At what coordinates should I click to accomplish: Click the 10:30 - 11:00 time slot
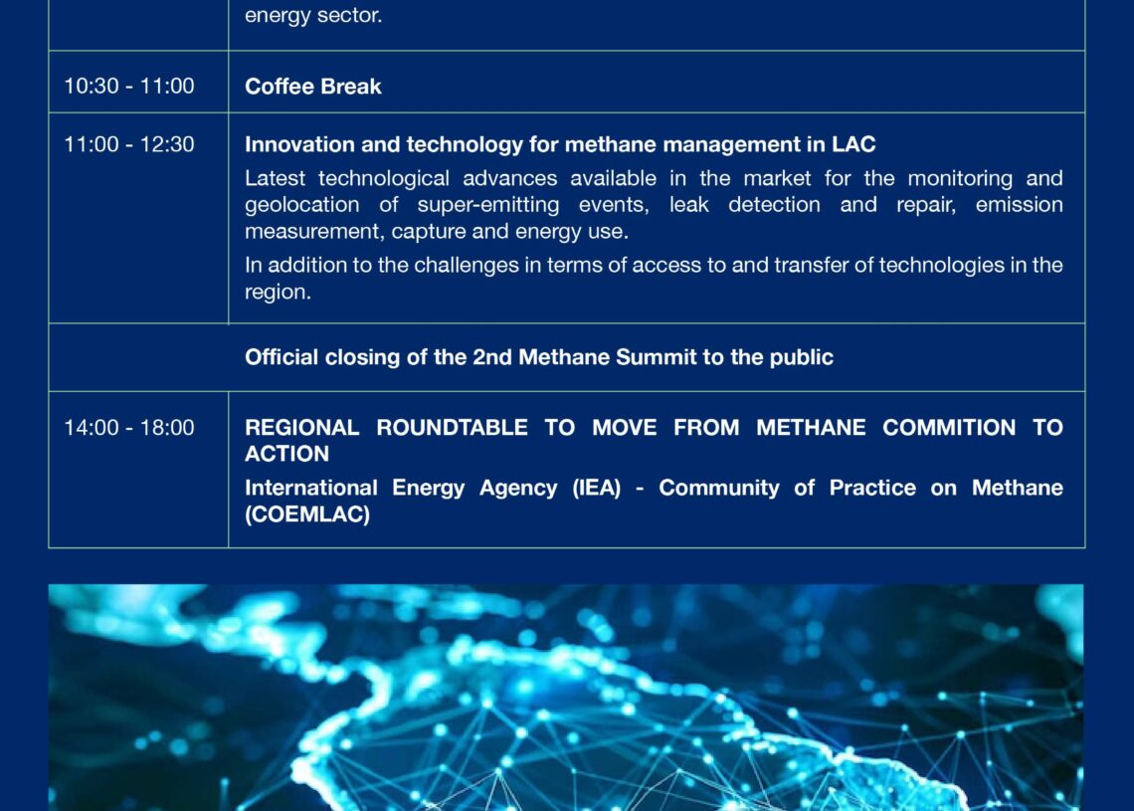128,87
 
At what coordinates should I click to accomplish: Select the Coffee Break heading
312,87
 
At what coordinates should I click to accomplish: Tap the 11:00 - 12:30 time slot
128,144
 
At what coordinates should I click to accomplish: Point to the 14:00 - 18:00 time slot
128,428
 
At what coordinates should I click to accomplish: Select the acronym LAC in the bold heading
853,144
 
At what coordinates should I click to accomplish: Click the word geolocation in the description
301,205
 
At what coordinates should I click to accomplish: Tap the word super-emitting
488,205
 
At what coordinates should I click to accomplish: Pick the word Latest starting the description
275,178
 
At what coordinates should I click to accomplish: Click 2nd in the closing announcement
492,356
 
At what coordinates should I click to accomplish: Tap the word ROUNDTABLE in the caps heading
452,428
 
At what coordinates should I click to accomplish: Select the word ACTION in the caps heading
287,454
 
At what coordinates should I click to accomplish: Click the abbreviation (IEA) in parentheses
597,489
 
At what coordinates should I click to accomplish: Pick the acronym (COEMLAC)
307,514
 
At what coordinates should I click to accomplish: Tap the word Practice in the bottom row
872,489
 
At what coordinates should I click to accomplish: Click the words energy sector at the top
313,15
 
